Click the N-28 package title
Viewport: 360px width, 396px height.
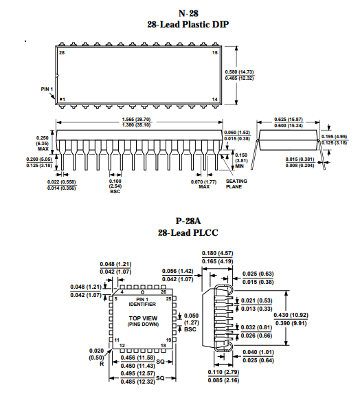[x=188, y=13]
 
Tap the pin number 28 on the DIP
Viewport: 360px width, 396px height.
[x=62, y=53]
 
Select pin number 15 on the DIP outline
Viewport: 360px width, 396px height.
[x=214, y=53]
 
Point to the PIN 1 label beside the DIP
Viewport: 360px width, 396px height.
[x=47, y=89]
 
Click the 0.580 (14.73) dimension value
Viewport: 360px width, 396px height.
[x=239, y=72]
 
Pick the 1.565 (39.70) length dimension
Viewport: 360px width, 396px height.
[x=136, y=119]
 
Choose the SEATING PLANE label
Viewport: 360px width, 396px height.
[x=236, y=184]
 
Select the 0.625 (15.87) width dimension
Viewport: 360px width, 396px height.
[x=289, y=119]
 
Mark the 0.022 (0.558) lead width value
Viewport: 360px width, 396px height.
[x=62, y=181]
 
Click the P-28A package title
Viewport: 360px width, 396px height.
[x=188, y=221]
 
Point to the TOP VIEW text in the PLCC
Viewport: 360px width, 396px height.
[x=143, y=318]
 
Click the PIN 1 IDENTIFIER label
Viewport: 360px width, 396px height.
[x=142, y=302]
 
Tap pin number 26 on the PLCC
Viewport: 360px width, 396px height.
[x=164, y=292]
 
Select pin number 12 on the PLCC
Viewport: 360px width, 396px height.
[x=122, y=346]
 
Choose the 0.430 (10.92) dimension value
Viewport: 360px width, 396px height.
[x=291, y=315]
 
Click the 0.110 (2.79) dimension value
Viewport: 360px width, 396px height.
[x=223, y=372]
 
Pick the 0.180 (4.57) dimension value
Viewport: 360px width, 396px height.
[x=217, y=253]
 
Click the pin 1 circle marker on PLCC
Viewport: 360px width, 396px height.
[x=142, y=292]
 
